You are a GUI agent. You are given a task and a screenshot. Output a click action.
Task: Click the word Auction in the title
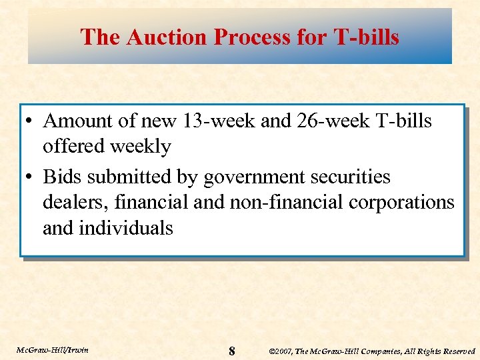155,37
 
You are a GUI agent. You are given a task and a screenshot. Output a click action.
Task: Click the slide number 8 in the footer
231,351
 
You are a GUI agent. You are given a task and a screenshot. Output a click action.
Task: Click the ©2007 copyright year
280,351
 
